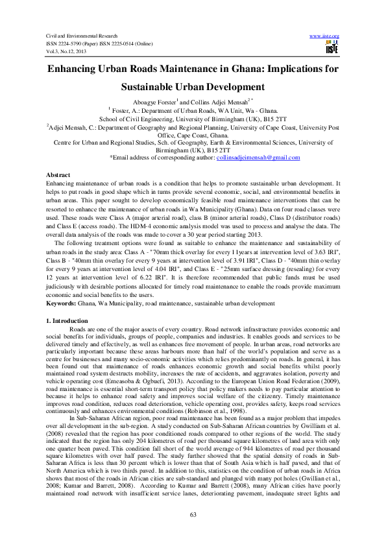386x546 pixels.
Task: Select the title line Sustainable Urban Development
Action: coord(193,86)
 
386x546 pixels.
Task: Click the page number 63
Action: coord(193,514)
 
